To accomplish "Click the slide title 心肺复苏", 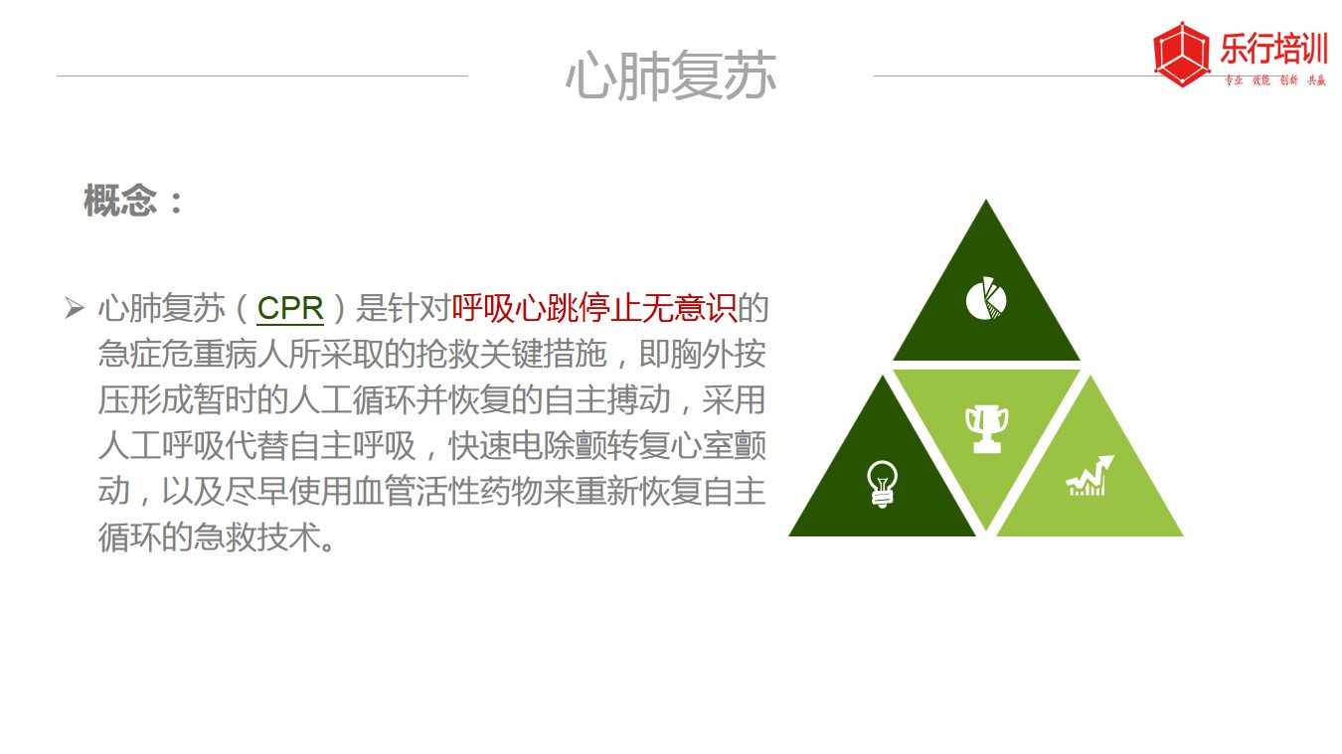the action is [x=671, y=75].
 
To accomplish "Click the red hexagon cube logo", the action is [x=1181, y=55].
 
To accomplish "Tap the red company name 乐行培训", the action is [x=1273, y=49].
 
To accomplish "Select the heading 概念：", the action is [x=133, y=201].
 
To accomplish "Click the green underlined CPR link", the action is [x=290, y=308].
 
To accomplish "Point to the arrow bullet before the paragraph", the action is [x=75, y=308].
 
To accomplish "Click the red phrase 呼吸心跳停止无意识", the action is [x=593, y=308].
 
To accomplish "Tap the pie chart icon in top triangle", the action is [x=986, y=298].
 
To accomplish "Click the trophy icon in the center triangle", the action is [x=987, y=429].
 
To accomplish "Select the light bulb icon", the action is [x=882, y=485].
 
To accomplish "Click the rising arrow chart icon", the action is [x=1090, y=476].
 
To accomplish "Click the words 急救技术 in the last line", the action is [x=257, y=537].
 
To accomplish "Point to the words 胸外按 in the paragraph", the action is [x=719, y=354].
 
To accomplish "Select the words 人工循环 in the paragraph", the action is [x=352, y=400].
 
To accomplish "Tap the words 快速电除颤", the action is [x=527, y=446].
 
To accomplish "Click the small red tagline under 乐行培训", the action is [x=1274, y=80].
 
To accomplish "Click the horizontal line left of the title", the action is [x=262, y=76].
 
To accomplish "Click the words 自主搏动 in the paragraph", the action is [x=607, y=400].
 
